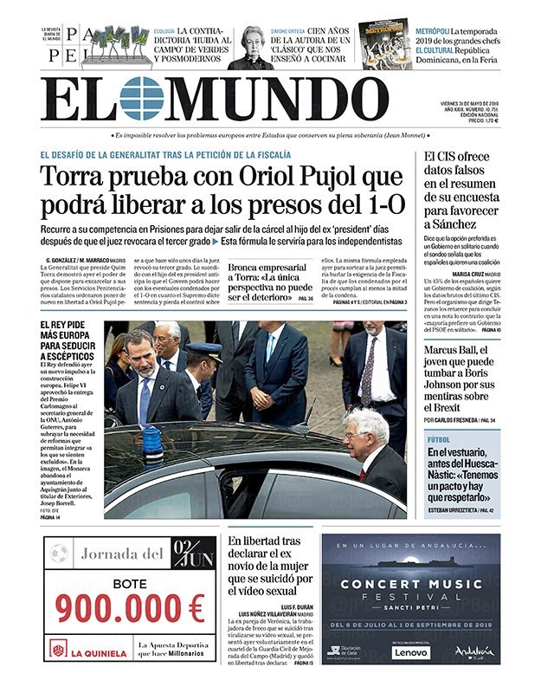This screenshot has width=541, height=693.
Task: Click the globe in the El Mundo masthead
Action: click(142, 98)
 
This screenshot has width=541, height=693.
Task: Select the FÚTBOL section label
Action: click(439, 439)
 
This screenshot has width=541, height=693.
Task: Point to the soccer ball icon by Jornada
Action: click(59, 552)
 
